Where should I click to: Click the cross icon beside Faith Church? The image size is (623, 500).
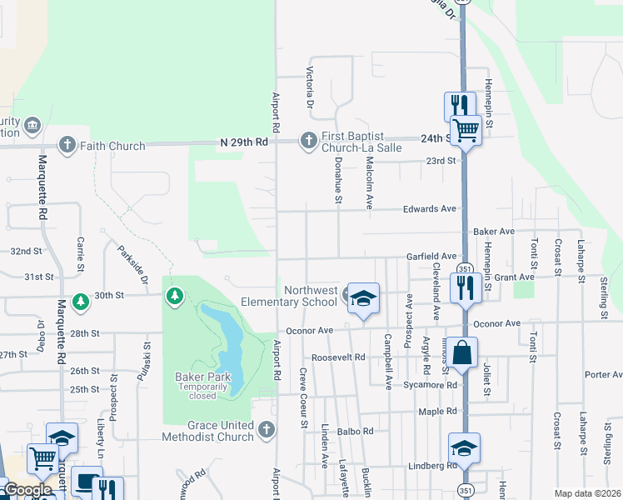66,145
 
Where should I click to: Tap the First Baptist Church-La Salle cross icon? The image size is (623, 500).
307,139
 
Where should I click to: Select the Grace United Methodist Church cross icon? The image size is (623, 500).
266,429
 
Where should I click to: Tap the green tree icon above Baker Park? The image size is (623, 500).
174,296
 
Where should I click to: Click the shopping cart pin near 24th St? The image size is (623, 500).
466,129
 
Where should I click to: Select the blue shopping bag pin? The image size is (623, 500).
463,352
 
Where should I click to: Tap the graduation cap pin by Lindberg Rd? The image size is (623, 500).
464,447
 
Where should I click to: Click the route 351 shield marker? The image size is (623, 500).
465,267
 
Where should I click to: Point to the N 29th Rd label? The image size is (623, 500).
244,142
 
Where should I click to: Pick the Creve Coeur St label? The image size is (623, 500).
303,399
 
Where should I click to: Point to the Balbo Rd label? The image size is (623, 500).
356,432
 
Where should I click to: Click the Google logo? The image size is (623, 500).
27,490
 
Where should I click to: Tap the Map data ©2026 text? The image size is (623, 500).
587,493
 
